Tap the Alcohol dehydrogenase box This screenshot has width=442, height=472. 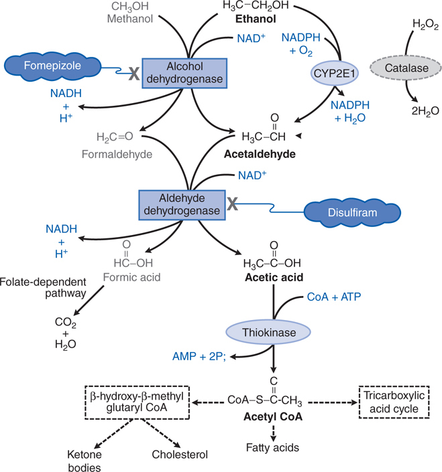(x=186, y=72)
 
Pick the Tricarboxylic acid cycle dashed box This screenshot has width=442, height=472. (x=387, y=402)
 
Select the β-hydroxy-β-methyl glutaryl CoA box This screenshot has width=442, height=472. (x=137, y=402)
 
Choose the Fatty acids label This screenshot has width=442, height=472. (x=272, y=448)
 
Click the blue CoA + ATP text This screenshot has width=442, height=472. (x=333, y=295)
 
